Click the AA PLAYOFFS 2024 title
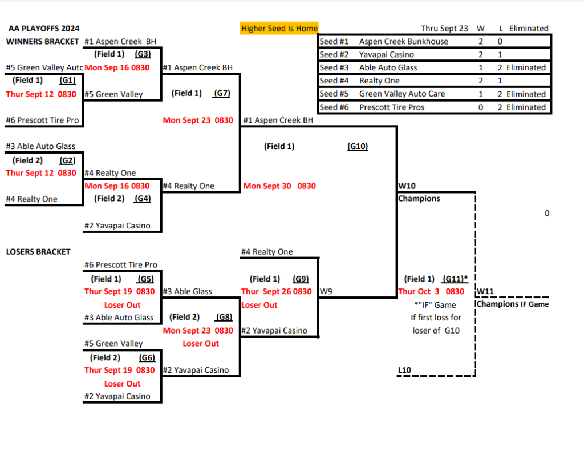tap(44, 29)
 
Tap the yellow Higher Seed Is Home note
tap(279, 28)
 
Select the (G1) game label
tap(67, 81)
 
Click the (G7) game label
tap(221, 93)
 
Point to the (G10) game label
tap(358, 146)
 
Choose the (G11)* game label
tap(455, 279)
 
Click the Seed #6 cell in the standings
tap(334, 107)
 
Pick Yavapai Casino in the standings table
tap(387, 54)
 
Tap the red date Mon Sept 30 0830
tap(279, 186)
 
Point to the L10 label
tap(404, 371)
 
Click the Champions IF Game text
tap(513, 304)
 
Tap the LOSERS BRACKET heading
tap(38, 252)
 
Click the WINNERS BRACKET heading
tap(42, 42)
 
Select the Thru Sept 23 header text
tap(444, 28)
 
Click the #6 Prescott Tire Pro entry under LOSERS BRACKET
tap(120, 265)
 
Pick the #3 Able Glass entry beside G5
tap(187, 291)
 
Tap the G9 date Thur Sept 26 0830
tap(276, 292)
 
